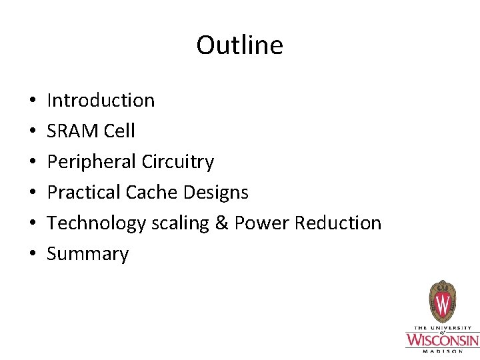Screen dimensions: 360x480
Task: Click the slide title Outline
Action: point(239,45)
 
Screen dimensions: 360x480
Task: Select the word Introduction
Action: point(101,101)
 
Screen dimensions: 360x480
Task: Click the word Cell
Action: point(119,131)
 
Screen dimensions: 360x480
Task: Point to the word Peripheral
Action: point(91,162)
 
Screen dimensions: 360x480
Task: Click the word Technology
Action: point(96,223)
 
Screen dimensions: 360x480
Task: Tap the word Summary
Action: point(88,254)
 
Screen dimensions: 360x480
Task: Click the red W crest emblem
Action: point(442,303)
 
